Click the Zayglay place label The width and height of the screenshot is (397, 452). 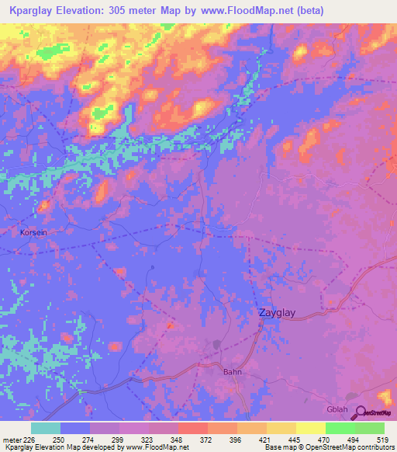tap(277, 313)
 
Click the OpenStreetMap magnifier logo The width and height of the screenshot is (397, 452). tap(360, 412)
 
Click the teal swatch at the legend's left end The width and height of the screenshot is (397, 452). tap(45, 428)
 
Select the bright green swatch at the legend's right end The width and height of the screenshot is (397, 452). tap(369, 428)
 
